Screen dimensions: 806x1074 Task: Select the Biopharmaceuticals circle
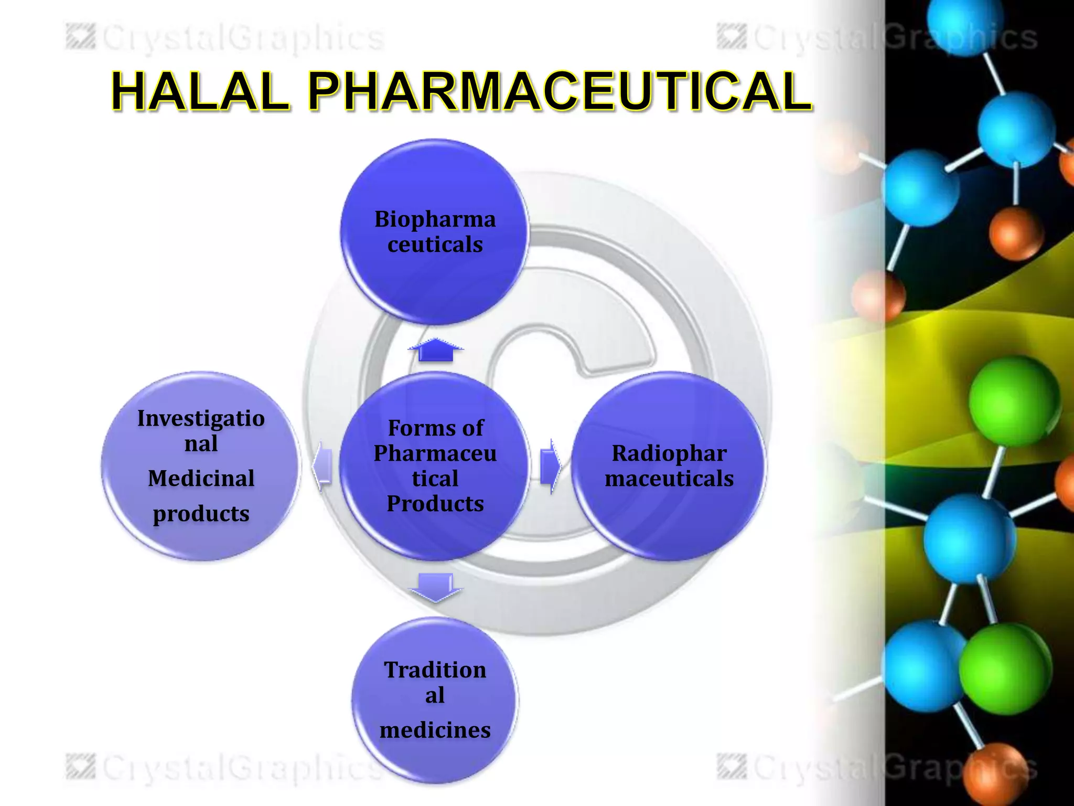tap(435, 232)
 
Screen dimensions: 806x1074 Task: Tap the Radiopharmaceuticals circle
tap(669, 466)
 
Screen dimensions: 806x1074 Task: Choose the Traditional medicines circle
tap(435, 700)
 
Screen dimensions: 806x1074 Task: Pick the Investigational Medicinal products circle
tap(201, 466)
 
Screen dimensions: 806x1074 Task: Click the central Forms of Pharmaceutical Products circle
tap(435, 466)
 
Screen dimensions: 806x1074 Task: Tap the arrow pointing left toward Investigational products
tap(322, 466)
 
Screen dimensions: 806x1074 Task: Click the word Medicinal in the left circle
tap(201, 479)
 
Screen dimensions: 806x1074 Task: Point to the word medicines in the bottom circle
tap(435, 730)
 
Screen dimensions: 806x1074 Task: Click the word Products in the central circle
tap(435, 504)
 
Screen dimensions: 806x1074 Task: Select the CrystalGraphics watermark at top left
tap(225, 38)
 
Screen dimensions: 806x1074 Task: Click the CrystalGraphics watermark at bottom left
tap(225, 767)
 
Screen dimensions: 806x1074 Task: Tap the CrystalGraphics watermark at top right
tap(877, 38)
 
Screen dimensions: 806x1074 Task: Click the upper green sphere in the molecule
tap(1013, 402)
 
